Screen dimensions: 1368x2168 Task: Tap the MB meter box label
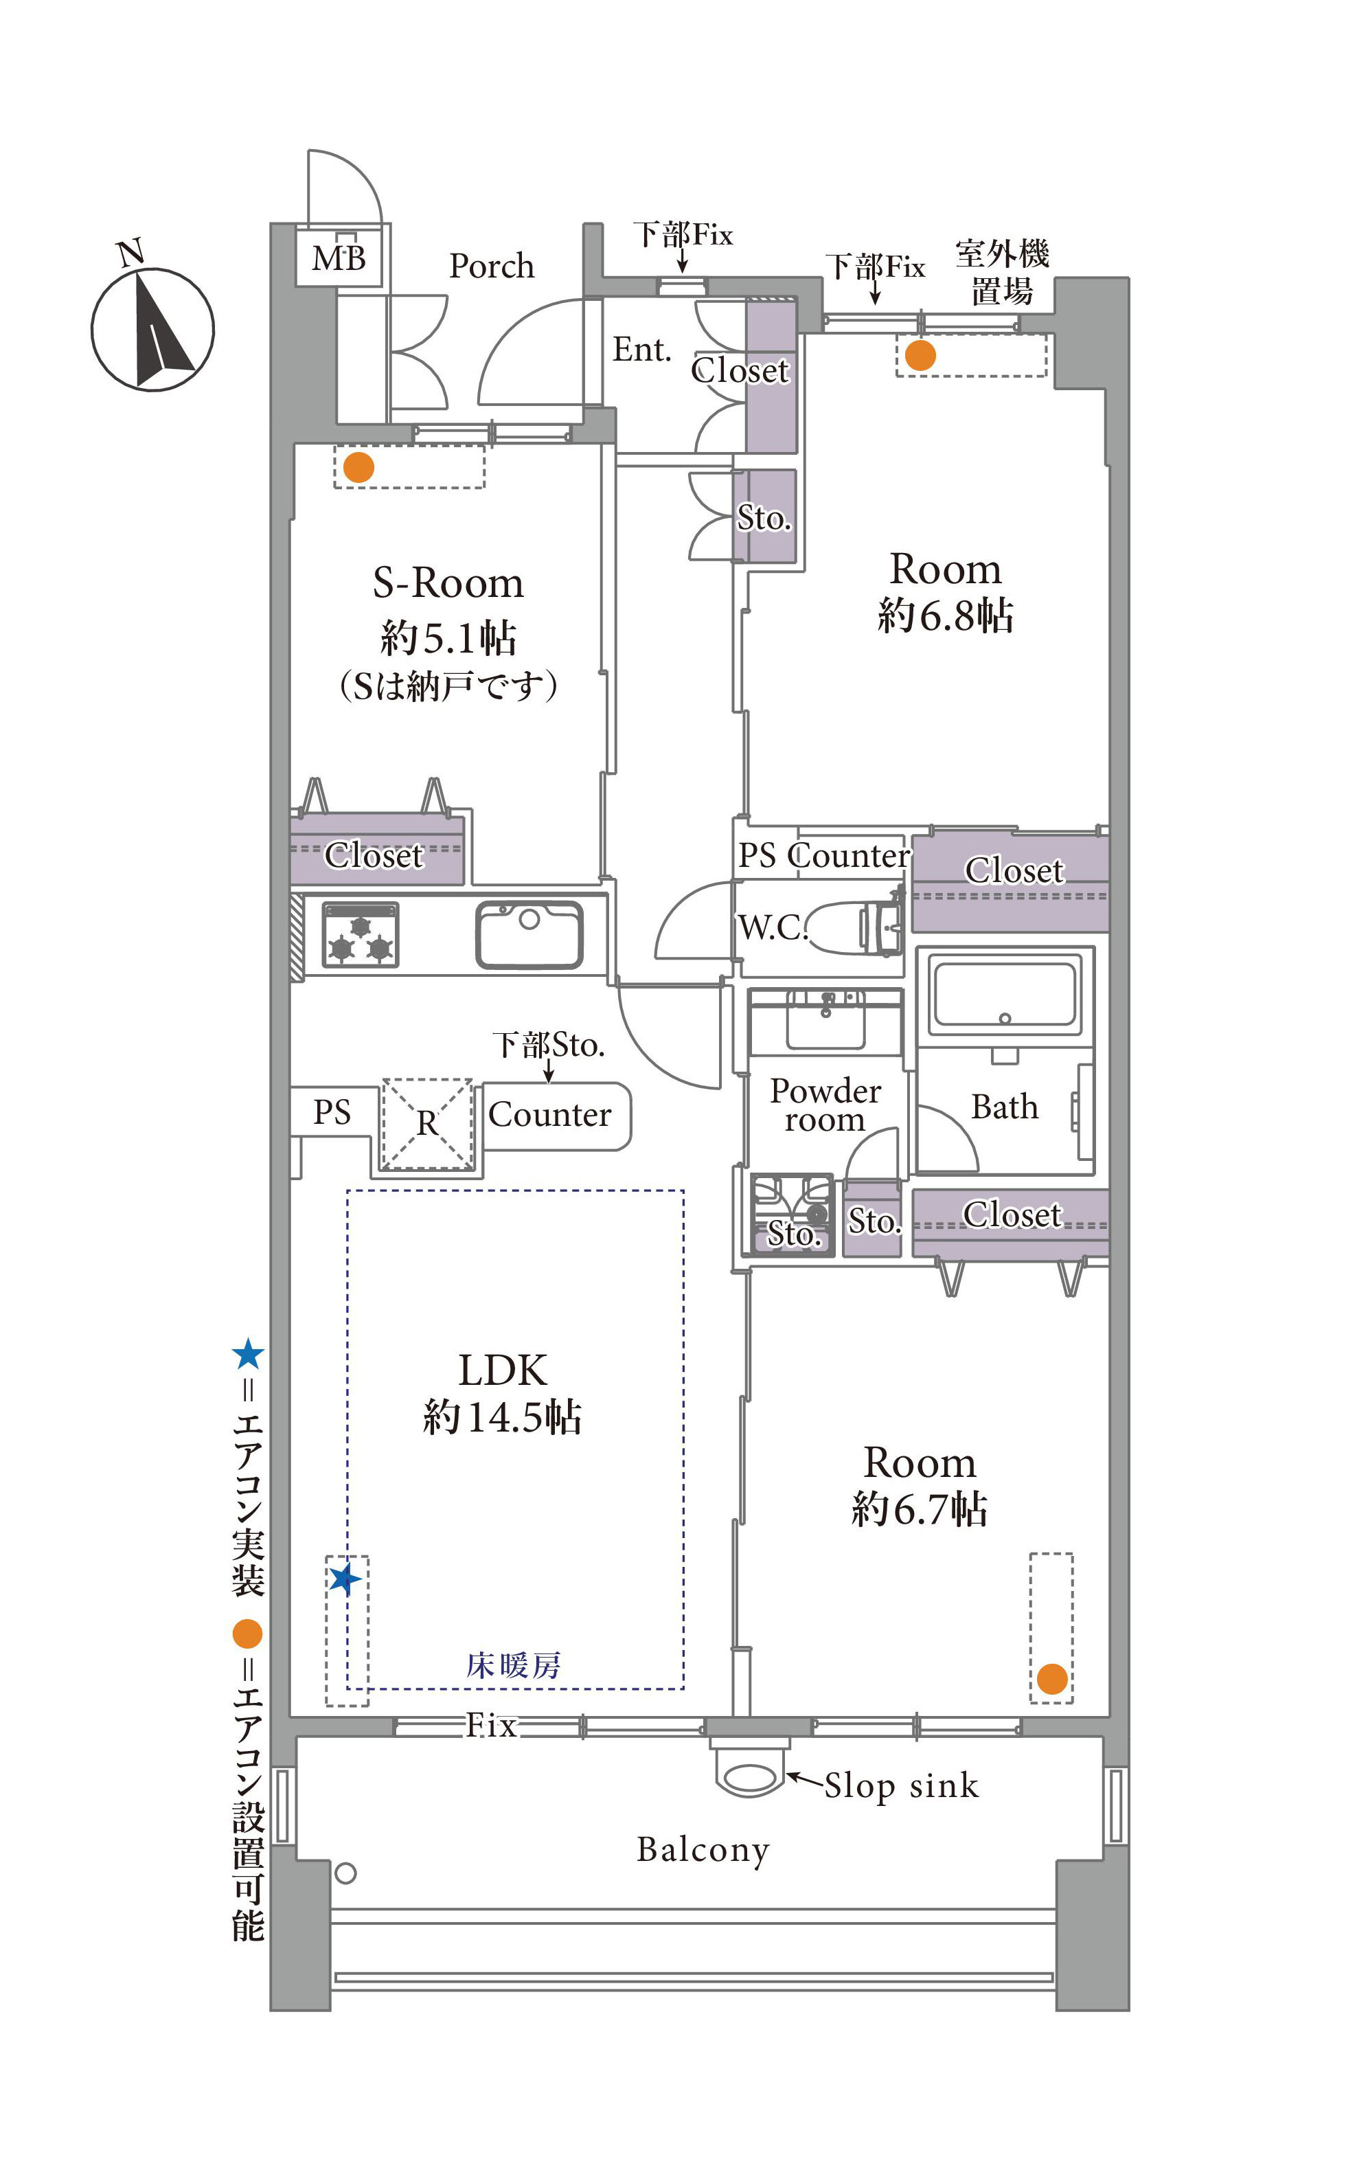[x=339, y=258]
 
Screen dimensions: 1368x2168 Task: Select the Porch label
[x=492, y=267]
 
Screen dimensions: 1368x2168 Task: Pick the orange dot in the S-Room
[x=359, y=467]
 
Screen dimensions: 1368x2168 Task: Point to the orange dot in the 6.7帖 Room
[x=1052, y=1678]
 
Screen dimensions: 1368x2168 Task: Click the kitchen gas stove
[x=360, y=934]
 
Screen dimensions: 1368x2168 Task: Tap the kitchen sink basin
[x=529, y=934]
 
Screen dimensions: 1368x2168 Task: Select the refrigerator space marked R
[x=427, y=1124]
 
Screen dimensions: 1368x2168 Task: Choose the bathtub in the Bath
[x=1005, y=994]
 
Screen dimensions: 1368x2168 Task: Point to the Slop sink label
[x=901, y=1785]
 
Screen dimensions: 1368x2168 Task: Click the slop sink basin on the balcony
[x=750, y=1777]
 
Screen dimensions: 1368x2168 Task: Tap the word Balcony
[x=703, y=1850]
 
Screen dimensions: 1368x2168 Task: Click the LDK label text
[x=502, y=1370]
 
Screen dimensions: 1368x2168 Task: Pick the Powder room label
[x=825, y=1105]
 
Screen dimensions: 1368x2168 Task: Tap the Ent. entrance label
[x=641, y=350]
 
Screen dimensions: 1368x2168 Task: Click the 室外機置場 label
[x=1002, y=272]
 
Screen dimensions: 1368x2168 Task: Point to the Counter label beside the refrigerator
[x=550, y=1115]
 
